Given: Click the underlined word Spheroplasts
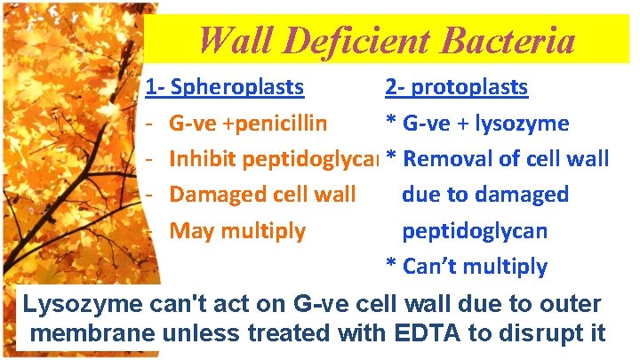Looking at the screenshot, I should click(236, 88).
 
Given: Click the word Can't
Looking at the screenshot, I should click(431, 267).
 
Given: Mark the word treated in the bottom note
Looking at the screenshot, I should click(285, 334).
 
